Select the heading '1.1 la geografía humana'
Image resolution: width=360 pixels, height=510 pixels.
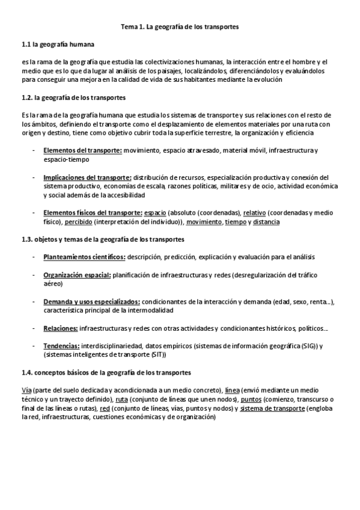coord(57,45)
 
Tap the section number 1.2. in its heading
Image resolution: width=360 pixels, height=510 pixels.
coord(26,97)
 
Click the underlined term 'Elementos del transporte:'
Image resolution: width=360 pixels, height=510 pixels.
coord(82,149)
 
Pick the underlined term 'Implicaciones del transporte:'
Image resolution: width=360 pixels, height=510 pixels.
coord(87,177)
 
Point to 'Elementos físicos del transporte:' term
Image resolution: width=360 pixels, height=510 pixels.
coord(93,213)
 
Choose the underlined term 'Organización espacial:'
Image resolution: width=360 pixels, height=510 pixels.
coord(77,275)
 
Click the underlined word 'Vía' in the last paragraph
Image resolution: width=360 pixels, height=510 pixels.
coord(26,390)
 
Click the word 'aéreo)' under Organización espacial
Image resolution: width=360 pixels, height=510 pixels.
coord(54,284)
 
